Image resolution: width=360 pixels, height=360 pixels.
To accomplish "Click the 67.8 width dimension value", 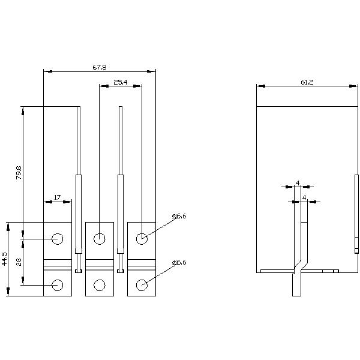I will pyautogui.click(x=100, y=67).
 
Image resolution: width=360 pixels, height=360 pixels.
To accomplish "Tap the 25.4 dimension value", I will pyautogui.click(x=120, y=82).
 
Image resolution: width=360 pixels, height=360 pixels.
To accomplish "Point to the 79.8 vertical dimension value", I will pyautogui.click(x=19, y=173).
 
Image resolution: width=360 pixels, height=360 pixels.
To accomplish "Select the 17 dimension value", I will pyautogui.click(x=57, y=197).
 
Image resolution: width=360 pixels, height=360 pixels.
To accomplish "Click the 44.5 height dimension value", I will pyautogui.click(x=4, y=259).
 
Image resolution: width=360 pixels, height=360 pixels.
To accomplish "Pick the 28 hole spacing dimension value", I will pyautogui.click(x=19, y=261).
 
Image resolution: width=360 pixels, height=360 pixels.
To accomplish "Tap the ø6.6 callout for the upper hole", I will pyautogui.click(x=179, y=216).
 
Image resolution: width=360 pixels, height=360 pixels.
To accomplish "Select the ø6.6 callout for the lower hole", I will pyautogui.click(x=179, y=263).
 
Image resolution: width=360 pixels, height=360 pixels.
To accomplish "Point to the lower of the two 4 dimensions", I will pyautogui.click(x=305, y=197).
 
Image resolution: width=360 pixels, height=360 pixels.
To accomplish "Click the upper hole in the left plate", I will pyautogui.click(x=58, y=239).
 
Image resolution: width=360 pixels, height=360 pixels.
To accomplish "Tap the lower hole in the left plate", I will pyautogui.click(x=58, y=285).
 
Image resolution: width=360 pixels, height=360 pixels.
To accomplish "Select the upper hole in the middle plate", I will pyautogui.click(x=100, y=239).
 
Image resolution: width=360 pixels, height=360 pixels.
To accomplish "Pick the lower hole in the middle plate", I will pyautogui.click(x=100, y=285).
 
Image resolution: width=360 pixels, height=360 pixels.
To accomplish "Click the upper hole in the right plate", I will pyautogui.click(x=142, y=239).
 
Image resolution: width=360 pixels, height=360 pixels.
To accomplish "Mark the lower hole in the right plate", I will pyautogui.click(x=142, y=285).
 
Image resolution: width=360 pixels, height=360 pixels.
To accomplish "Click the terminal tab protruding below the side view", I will pyautogui.click(x=296, y=285).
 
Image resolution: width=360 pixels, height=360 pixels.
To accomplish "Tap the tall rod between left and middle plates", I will pyautogui.click(x=79, y=180).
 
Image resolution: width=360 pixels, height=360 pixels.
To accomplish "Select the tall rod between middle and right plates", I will pyautogui.click(x=121, y=180).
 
